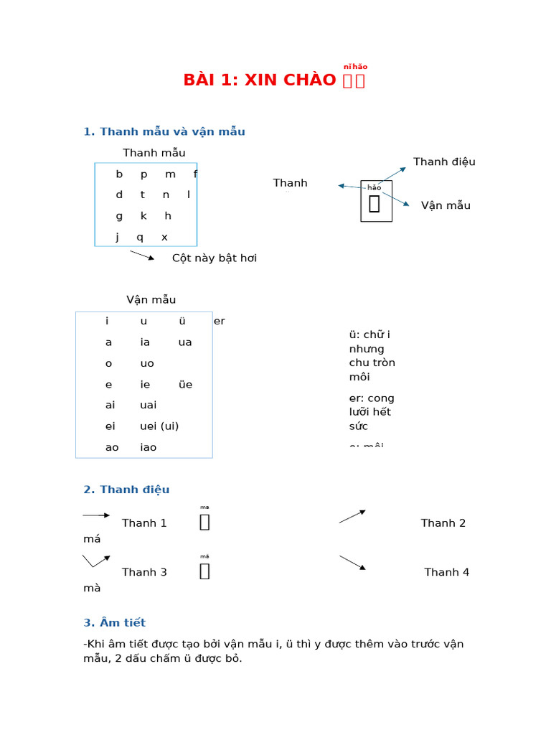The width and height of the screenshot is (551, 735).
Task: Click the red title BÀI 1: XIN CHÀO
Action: tap(260, 80)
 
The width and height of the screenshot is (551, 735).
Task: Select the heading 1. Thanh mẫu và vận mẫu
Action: tap(164, 131)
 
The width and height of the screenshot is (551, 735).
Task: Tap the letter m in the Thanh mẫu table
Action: tap(170, 174)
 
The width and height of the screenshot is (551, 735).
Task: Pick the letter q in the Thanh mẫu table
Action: tap(140, 237)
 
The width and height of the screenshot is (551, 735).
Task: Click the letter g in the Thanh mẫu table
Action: tap(119, 216)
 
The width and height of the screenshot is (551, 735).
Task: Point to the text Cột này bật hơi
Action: tap(214, 258)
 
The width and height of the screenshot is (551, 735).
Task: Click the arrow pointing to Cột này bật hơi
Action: tap(142, 256)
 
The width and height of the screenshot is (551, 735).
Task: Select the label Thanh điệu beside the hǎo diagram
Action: tap(444, 161)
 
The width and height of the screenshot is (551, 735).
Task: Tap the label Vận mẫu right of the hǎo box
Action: tap(446, 205)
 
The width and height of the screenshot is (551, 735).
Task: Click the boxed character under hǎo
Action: tap(375, 205)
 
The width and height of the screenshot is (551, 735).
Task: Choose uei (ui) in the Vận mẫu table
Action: tap(159, 426)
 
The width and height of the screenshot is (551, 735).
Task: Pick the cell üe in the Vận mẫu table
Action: tap(185, 385)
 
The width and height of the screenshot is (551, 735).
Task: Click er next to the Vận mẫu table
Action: tap(219, 322)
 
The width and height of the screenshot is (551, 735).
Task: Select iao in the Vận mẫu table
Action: tap(149, 447)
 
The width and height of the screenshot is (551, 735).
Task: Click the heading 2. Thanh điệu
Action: tap(126, 490)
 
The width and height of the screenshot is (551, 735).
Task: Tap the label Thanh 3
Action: tap(144, 572)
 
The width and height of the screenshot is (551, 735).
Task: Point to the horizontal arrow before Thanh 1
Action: tap(96, 515)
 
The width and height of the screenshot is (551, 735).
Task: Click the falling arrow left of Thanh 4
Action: tap(352, 562)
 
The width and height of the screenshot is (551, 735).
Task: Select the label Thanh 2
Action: tap(443, 523)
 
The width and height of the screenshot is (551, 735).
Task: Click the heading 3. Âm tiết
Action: tap(114, 623)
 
